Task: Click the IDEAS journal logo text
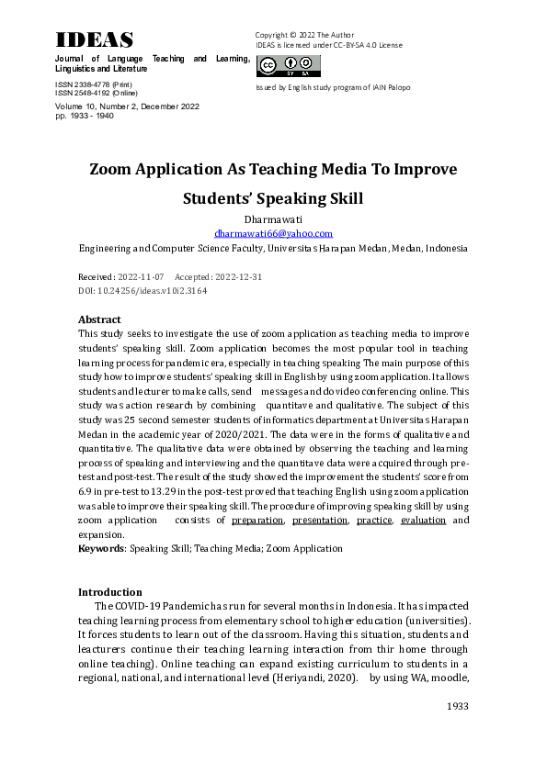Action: [95, 39]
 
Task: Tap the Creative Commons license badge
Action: [289, 66]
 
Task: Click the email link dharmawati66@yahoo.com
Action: [273, 234]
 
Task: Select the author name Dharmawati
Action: [273, 220]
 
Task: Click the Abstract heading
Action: [100, 319]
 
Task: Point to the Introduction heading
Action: [110, 592]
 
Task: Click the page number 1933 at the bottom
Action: [457, 706]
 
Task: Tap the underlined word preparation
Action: [258, 521]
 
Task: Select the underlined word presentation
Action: [320, 521]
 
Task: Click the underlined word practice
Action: [374, 521]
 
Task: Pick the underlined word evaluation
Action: [424, 521]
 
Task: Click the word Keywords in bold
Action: [101, 548]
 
